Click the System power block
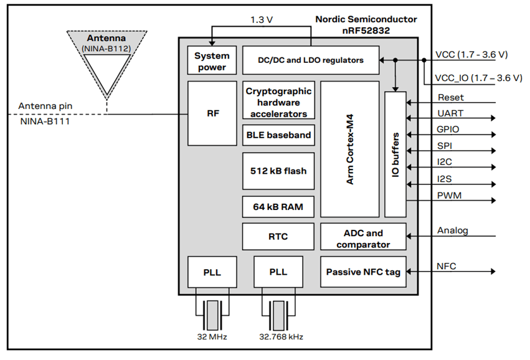212,60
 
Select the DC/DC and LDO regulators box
311,60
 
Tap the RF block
212,113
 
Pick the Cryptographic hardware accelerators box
278,102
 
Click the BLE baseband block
278,135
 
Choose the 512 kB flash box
278,171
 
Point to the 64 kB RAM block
278,207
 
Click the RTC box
278,237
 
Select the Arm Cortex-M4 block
349,149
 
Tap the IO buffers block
395,154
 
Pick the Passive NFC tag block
362,272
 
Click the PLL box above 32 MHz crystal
212,272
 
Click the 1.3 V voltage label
262,19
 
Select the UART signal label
450,114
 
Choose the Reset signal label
451,98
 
